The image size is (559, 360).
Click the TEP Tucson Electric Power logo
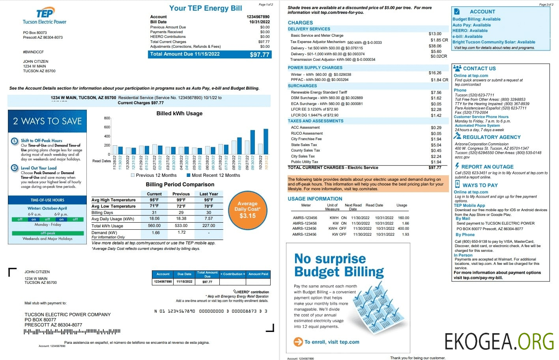click(45, 16)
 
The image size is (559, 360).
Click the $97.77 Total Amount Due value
click(259, 54)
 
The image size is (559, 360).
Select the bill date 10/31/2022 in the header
click(259, 22)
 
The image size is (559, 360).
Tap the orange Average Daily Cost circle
click(247, 210)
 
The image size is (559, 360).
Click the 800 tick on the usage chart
click(107, 118)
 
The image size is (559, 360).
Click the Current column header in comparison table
click(154, 194)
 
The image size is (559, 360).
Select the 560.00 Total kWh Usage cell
click(154, 226)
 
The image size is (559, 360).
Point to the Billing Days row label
click(102, 212)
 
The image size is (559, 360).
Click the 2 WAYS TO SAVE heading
click(47, 121)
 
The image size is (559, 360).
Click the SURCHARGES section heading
click(302, 86)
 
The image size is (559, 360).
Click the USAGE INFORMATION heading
click(315, 199)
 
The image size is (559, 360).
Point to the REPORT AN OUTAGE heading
click(487, 167)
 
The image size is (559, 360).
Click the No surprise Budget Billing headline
click(338, 265)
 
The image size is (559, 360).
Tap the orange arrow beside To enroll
click(298, 342)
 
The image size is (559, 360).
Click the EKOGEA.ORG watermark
click(499, 341)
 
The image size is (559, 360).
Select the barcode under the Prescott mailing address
click(72, 332)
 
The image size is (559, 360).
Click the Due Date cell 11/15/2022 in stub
click(184, 282)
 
